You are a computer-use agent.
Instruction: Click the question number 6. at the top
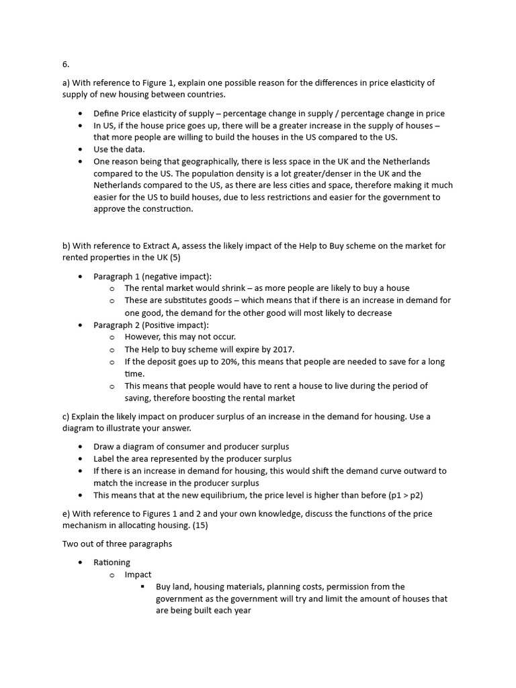pyautogui.click(x=66, y=64)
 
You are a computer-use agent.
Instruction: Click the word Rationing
pyautogui.click(x=112, y=562)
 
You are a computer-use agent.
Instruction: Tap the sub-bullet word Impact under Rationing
pyautogui.click(x=138, y=574)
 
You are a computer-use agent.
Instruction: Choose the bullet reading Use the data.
pyautogui.click(x=118, y=149)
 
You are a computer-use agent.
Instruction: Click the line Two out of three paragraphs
pyautogui.click(x=117, y=544)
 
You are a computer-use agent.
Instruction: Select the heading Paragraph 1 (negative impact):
pyautogui.click(x=152, y=276)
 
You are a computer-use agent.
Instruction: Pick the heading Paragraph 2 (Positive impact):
pyautogui.click(x=151, y=325)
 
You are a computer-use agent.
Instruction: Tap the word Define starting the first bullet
pyautogui.click(x=106, y=113)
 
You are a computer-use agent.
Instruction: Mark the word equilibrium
pyautogui.click(x=208, y=495)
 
